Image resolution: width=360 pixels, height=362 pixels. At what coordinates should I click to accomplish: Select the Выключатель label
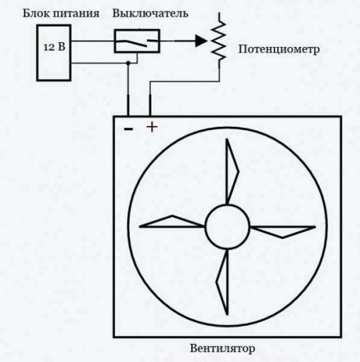pos(151,13)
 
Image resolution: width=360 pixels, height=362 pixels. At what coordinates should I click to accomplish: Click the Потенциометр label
pos(279,49)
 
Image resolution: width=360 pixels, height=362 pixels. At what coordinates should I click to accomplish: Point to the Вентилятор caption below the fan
pos(222,348)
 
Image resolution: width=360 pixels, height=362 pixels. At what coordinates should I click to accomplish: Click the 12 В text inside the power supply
pos(54,47)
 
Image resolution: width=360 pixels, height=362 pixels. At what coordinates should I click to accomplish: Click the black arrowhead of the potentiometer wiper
pos(201,41)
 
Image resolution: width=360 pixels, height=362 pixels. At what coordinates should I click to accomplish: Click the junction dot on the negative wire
pos(128,63)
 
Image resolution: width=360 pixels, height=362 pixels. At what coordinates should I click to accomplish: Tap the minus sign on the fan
pos(128,129)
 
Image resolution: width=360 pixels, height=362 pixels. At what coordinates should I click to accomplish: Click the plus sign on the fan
pos(152,127)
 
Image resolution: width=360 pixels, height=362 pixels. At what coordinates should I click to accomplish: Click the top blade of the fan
pos(232,172)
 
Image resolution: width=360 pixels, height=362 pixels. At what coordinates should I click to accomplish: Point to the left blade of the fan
pos(172,222)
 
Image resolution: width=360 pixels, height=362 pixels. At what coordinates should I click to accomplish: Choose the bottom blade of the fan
pos(222,282)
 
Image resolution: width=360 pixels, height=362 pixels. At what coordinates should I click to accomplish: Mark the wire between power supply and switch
pos(93,41)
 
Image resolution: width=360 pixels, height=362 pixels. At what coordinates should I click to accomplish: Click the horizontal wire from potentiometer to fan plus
pos(185,82)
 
